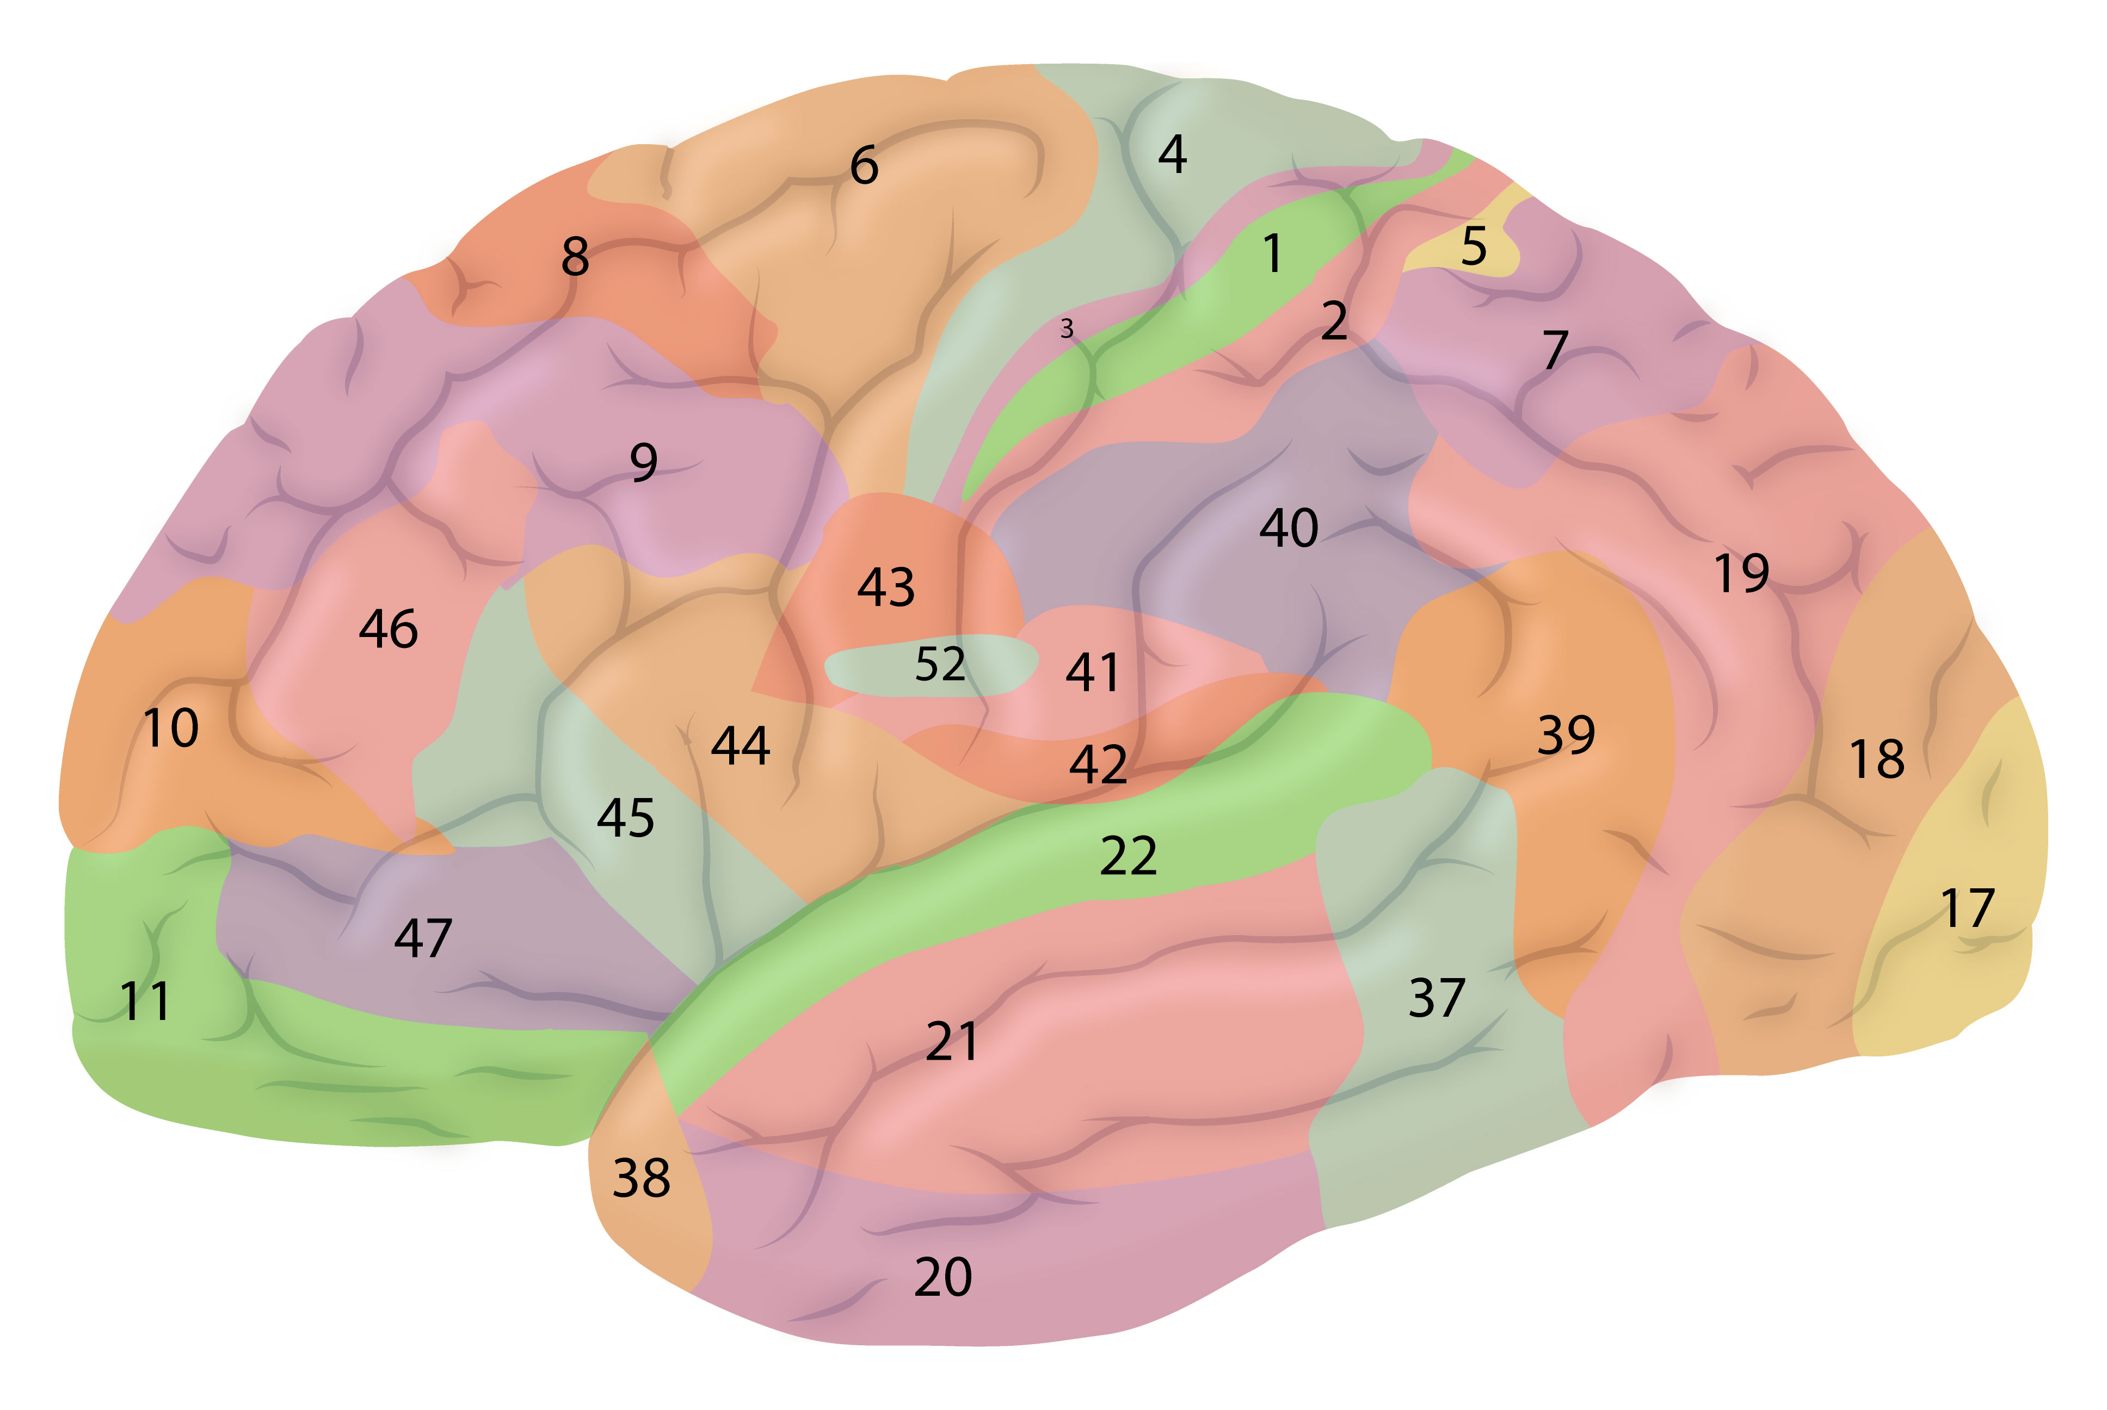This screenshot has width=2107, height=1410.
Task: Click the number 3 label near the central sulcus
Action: pos(1067,329)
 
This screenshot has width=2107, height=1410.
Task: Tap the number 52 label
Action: pos(940,664)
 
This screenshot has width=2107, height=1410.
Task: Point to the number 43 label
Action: pos(886,587)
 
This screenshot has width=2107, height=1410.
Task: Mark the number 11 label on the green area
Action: pos(145,1001)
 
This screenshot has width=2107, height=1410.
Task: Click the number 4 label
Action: pos(1172,154)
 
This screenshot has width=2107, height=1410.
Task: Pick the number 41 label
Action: pos(1093,672)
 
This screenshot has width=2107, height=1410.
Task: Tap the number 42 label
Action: pos(1098,764)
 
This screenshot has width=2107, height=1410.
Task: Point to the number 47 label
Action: pos(423,938)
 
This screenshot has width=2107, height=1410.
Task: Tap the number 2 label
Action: pos(1334,321)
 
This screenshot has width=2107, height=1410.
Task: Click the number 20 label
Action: pos(942,1277)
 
